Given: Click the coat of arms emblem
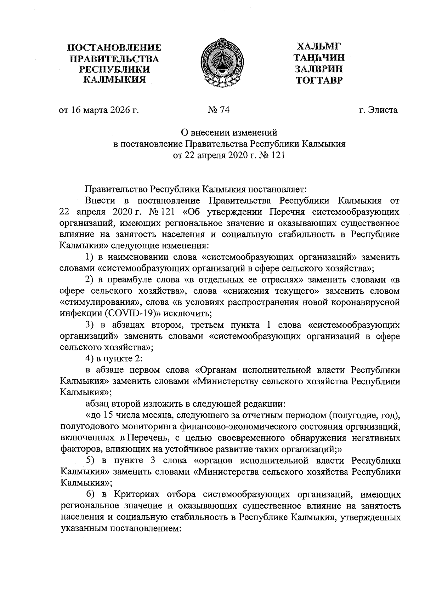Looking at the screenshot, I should [x=217, y=62].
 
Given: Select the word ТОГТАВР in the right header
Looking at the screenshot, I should [x=319, y=81].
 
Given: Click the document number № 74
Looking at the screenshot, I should [x=219, y=110].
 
